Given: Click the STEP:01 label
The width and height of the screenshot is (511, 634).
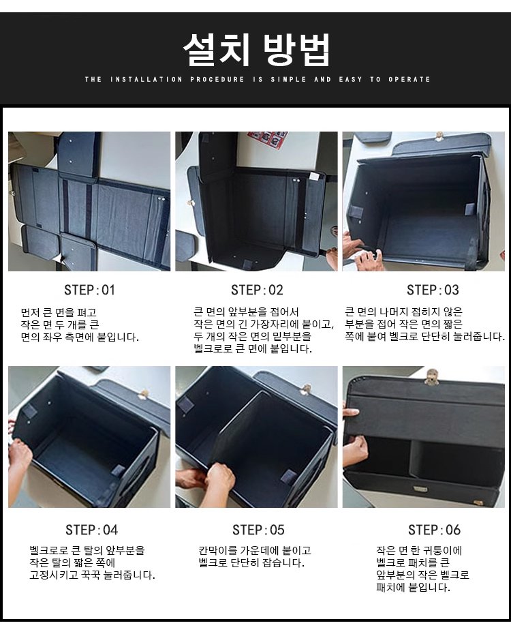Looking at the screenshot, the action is point(89,290).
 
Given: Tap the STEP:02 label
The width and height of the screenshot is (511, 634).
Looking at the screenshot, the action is point(257,290).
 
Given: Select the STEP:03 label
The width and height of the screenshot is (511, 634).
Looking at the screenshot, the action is point(433,290).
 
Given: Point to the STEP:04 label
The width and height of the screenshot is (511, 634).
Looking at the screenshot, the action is point(92,530).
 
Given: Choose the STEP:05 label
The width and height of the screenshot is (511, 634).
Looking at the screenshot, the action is point(258,530).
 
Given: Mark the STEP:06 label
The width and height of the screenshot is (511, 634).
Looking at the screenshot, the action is point(434,530).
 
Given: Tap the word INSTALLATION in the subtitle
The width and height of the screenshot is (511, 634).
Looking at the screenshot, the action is point(146,79).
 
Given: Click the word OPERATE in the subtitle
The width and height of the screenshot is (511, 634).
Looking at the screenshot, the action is point(409,79).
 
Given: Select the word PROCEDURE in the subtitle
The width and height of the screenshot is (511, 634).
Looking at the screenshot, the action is point(217,79).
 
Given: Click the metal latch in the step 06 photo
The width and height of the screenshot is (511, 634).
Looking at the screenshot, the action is point(433,376).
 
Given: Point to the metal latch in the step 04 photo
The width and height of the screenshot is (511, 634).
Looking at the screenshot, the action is point(142,393).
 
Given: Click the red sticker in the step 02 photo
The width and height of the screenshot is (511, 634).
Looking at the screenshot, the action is point(268,140).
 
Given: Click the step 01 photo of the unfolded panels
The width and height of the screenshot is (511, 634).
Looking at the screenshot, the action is point(89,201).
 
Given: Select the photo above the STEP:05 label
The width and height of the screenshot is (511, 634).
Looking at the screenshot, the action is point(256,437).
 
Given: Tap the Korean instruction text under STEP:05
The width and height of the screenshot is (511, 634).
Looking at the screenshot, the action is point(255,556).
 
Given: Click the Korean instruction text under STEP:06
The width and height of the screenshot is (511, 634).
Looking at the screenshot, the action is point(422,569).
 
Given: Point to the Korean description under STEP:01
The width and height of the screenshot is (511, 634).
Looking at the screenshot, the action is point(80,324).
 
